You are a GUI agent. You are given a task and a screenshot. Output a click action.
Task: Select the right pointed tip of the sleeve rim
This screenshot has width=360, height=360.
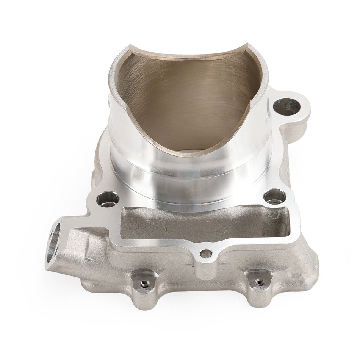click(248, 46)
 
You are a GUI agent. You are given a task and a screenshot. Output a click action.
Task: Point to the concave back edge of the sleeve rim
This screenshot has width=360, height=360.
click(189, 56)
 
